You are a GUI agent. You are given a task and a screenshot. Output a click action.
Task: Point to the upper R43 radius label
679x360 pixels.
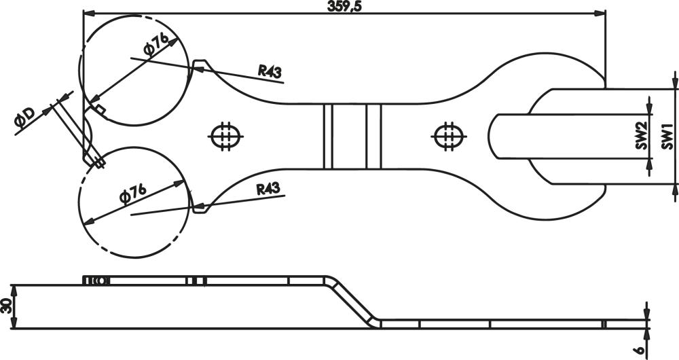click(270, 71)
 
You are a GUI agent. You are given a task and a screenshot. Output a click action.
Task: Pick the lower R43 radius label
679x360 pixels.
click(268, 190)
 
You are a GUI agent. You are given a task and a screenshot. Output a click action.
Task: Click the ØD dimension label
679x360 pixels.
click(24, 118)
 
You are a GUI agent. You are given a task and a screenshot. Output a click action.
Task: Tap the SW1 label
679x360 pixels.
click(667, 136)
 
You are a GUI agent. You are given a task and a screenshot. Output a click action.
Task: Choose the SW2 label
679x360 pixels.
click(642, 136)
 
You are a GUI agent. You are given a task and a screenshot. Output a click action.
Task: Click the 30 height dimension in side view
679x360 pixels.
click(5, 306)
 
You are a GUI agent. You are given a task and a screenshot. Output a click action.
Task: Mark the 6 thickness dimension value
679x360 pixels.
click(640, 350)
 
